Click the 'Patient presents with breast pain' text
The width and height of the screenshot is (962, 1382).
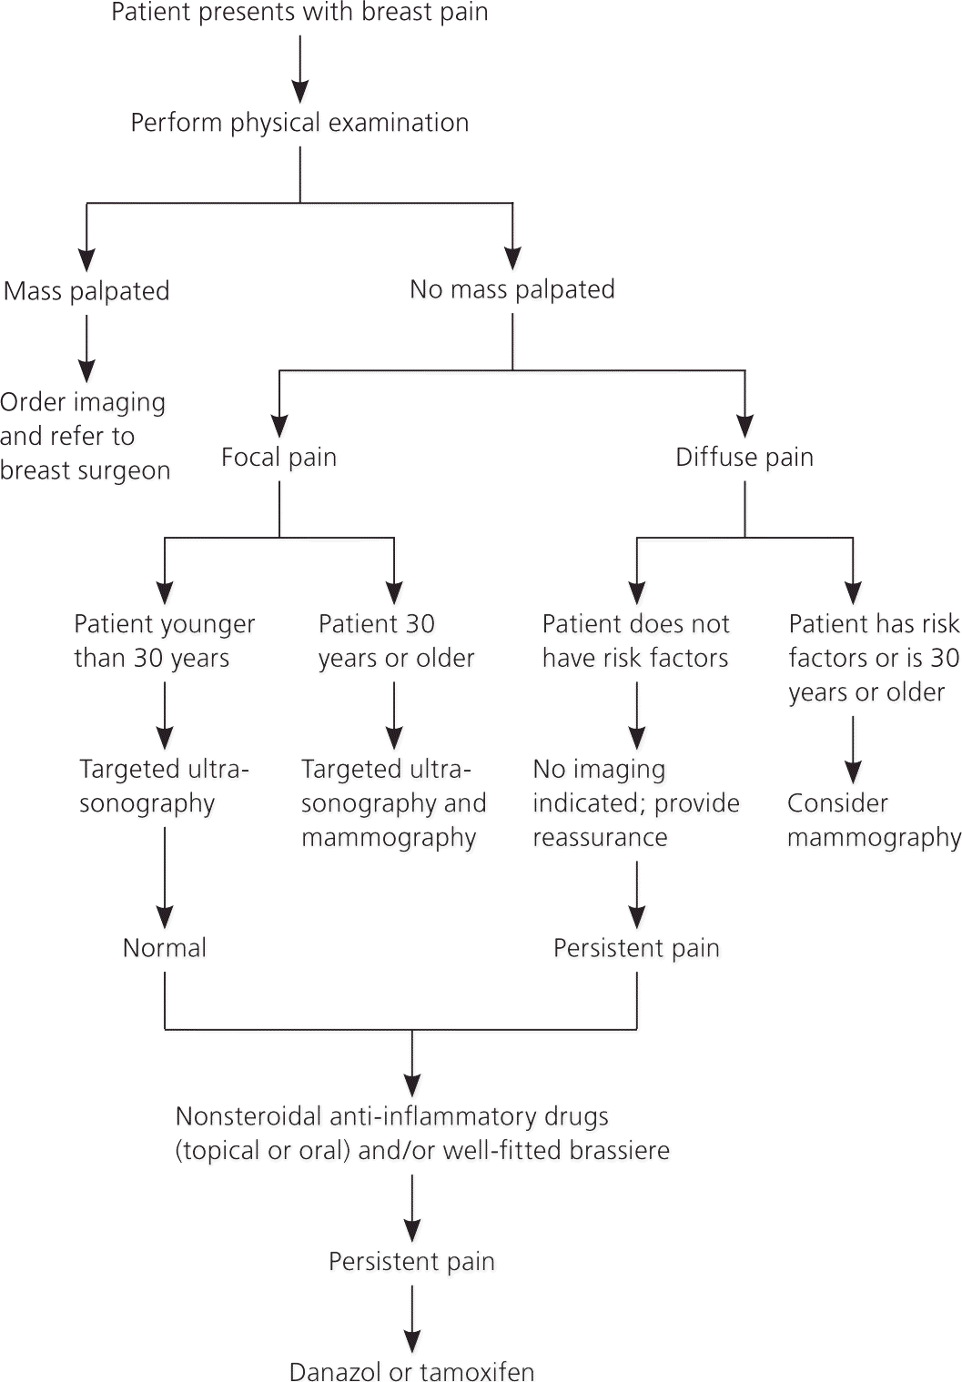(299, 13)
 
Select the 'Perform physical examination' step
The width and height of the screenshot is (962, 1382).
(299, 123)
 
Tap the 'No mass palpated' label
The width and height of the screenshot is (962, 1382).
(512, 289)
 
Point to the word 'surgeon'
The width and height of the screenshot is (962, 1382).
(129, 470)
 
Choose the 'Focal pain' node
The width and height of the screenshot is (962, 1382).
(278, 457)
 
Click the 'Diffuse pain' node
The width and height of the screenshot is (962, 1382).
(744, 457)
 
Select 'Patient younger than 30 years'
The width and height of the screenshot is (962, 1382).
(165, 641)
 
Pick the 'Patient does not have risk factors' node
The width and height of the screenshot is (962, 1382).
(636, 641)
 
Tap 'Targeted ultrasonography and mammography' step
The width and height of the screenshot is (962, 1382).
(394, 803)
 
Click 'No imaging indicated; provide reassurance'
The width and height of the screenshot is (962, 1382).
(636, 803)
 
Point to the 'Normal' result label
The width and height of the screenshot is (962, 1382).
(165, 948)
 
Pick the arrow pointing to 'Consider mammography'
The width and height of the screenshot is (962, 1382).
(853, 750)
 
